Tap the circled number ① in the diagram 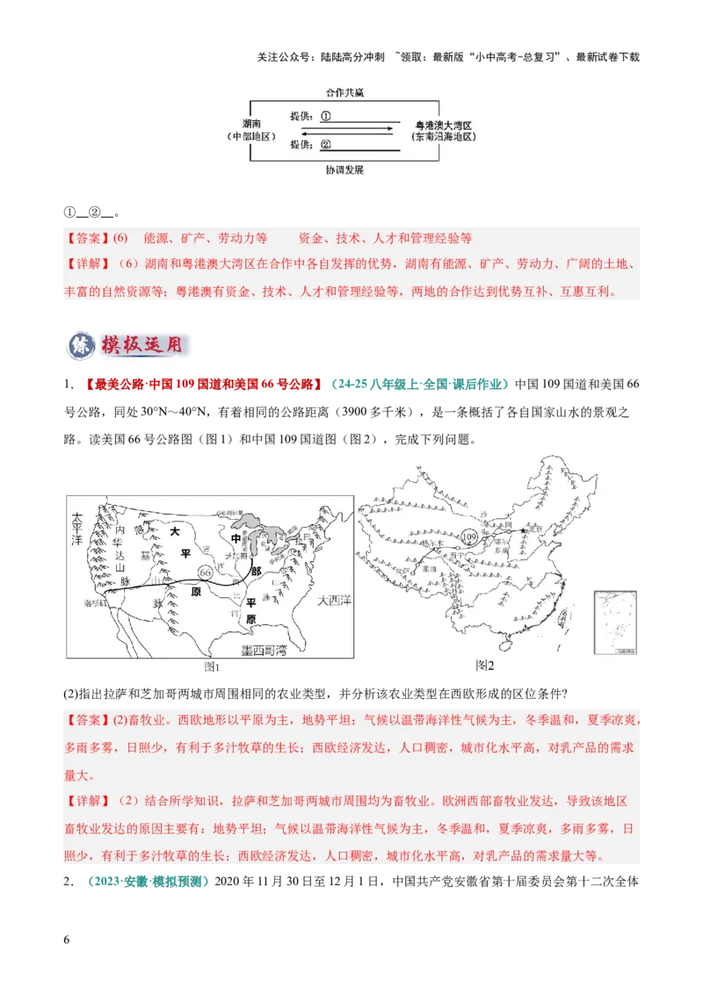(325, 115)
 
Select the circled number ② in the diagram (325, 145)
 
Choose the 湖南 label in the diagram (252, 125)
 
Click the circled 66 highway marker (206, 572)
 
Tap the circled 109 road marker (468, 537)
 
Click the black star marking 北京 (522, 530)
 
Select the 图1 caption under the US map (211, 666)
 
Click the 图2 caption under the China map (484, 666)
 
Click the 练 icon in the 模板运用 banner (78, 344)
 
